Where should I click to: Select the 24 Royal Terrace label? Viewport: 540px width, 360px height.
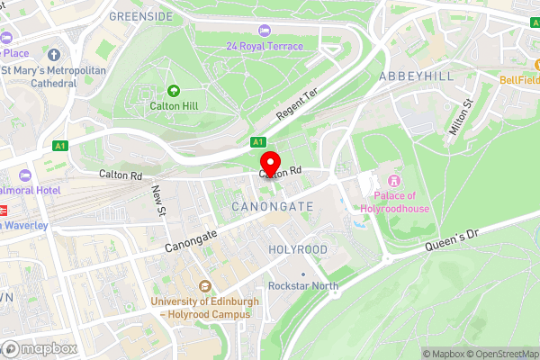coord(265,46)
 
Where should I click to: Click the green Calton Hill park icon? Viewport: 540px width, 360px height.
coord(173,90)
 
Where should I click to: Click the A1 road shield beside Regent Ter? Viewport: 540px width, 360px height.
coord(258,141)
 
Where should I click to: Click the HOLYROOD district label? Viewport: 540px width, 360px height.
coord(298,248)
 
